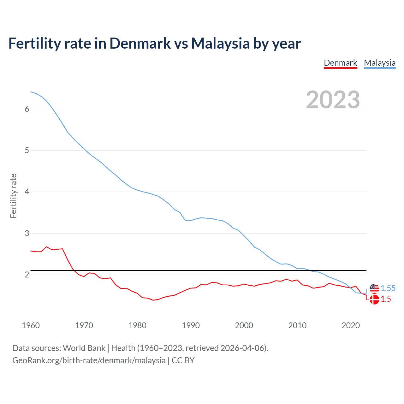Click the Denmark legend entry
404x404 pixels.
[340, 63]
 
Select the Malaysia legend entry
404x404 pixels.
[380, 63]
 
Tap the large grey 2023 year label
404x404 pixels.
[333, 100]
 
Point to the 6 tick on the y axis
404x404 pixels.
[27, 109]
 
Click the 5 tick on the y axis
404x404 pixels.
[27, 150]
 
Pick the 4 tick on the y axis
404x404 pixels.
[27, 192]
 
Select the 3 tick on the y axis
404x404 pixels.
[27, 233]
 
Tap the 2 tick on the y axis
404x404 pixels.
[27, 275]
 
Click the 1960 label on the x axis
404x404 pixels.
[31, 325]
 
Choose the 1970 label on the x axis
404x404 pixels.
[84, 325]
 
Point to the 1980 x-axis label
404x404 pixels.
[137, 325]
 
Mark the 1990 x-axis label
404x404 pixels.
[191, 325]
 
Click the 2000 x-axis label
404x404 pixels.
[244, 325]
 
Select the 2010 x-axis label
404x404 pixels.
[297, 325]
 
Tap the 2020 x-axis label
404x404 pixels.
[351, 325]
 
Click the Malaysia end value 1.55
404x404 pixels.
[388, 288]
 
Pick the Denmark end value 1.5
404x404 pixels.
[386, 299]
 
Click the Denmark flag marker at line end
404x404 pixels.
[374, 300]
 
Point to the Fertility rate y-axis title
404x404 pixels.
[13, 196]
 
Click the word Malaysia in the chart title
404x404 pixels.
[220, 43]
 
